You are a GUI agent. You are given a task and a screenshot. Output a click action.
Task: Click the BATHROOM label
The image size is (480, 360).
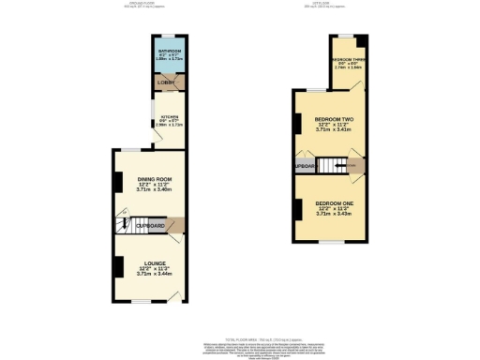[170, 51]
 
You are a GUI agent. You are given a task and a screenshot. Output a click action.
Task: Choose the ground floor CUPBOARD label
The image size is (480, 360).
[152, 226]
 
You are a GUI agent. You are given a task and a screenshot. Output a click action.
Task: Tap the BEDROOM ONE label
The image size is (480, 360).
[333, 203]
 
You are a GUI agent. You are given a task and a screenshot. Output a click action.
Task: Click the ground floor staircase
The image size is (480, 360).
[124, 225]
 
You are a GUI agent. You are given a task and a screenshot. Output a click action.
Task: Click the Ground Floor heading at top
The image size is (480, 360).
[142, 4]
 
